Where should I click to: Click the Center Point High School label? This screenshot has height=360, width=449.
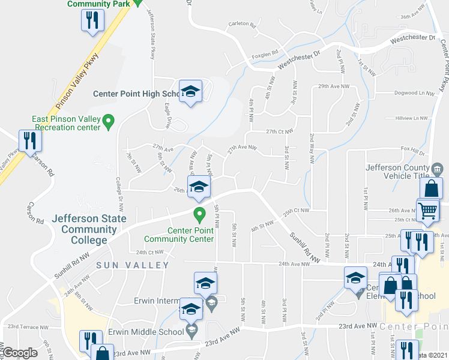[x=136, y=94]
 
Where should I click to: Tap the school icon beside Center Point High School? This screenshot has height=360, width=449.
[x=191, y=92]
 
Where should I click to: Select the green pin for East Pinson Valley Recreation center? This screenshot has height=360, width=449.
[x=108, y=122]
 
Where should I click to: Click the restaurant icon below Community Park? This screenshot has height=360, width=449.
[x=92, y=20]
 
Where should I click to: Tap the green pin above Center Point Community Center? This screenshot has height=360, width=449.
[x=198, y=213]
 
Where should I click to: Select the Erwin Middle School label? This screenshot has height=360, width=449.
[x=145, y=332]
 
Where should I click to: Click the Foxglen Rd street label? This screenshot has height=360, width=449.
[x=265, y=53]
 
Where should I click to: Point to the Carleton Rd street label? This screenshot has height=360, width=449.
[x=242, y=26]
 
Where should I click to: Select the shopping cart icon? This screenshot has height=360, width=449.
[x=427, y=211]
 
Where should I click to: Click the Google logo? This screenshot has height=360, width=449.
[x=20, y=352]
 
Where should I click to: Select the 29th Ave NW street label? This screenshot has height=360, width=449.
[x=333, y=86]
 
